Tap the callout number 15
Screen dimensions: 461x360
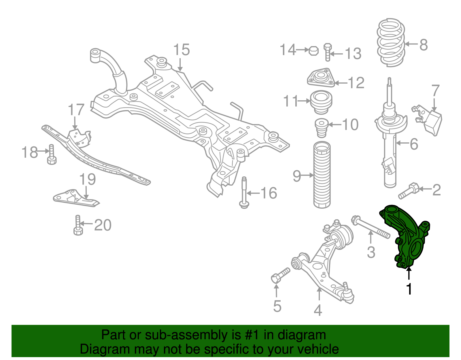tap(182, 50)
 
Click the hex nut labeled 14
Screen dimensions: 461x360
tap(313, 51)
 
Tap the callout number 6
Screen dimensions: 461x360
tap(414, 144)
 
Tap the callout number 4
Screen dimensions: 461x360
tap(318, 310)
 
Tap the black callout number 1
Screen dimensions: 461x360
tap(409, 289)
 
